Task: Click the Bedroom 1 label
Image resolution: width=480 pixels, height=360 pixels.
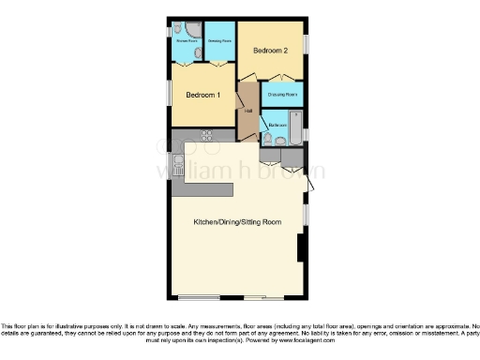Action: pyautogui.click(x=202, y=95)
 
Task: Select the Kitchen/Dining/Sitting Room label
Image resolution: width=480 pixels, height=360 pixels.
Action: pyautogui.click(x=237, y=222)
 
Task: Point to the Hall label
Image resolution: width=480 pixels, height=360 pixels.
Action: pyautogui.click(x=248, y=112)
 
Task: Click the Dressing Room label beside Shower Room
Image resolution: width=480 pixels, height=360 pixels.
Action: pyautogui.click(x=219, y=41)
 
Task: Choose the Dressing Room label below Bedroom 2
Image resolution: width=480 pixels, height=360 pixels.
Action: pyautogui.click(x=282, y=95)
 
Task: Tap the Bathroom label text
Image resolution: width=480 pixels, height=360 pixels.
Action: pyautogui.click(x=277, y=125)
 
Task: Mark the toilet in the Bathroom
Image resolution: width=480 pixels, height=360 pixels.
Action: pyautogui.click(x=268, y=139)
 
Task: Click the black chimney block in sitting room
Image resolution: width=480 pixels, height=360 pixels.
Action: pyautogui.click(x=300, y=247)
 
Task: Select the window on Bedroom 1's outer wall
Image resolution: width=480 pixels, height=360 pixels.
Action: pyautogui.click(x=170, y=94)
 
